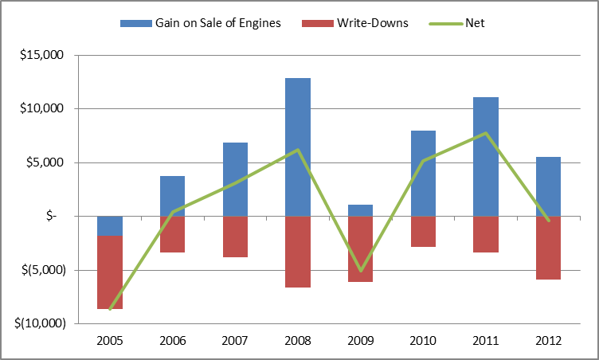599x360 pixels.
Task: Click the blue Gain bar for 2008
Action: click(x=298, y=147)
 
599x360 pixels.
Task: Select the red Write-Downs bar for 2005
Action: click(x=110, y=272)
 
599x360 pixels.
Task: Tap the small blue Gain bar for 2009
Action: click(x=360, y=210)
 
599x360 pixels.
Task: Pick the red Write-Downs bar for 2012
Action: click(x=548, y=248)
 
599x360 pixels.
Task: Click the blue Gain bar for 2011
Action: click(x=485, y=156)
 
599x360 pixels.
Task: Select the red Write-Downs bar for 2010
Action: click(x=423, y=231)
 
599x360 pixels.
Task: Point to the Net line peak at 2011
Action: click(x=485, y=133)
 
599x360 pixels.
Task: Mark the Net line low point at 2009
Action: click(x=360, y=271)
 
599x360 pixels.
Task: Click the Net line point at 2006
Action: click(x=173, y=212)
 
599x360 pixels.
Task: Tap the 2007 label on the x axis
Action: click(x=235, y=340)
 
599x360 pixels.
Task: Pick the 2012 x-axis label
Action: click(x=548, y=340)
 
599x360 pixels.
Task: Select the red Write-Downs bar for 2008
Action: click(x=298, y=252)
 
